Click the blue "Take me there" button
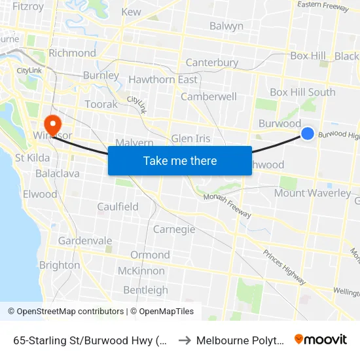coord(180,160)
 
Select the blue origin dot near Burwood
coord(308,134)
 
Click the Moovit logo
coord(321,340)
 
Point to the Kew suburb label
coord(131,12)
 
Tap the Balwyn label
coord(226,26)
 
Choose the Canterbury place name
coord(212,63)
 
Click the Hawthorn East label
coord(163,80)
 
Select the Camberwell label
coord(209,96)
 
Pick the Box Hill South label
coord(302,92)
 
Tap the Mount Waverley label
coord(312,193)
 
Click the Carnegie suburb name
coord(174,229)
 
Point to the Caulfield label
coord(117,207)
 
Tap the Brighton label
coord(60,265)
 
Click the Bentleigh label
coord(145,290)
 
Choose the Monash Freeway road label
coord(226,204)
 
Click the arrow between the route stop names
coord(184,340)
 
